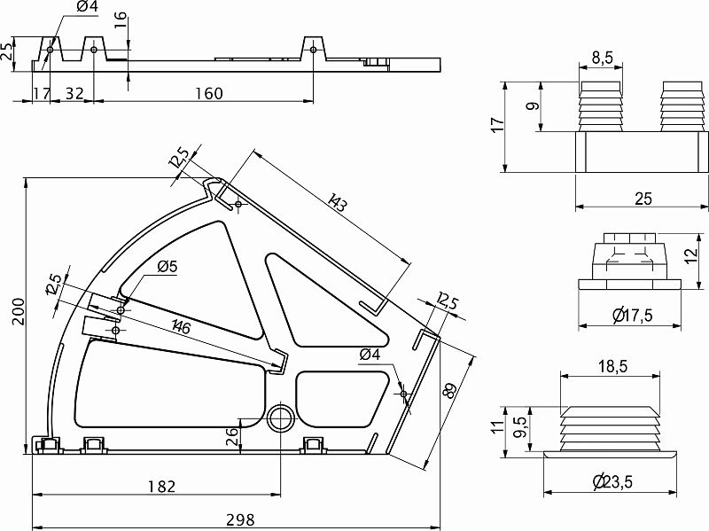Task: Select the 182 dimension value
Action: click(x=161, y=487)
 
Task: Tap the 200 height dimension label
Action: click(x=15, y=311)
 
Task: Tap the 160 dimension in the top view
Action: click(x=204, y=93)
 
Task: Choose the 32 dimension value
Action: click(x=74, y=93)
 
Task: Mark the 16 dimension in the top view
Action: click(x=121, y=20)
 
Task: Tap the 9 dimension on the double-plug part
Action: click(x=531, y=105)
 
